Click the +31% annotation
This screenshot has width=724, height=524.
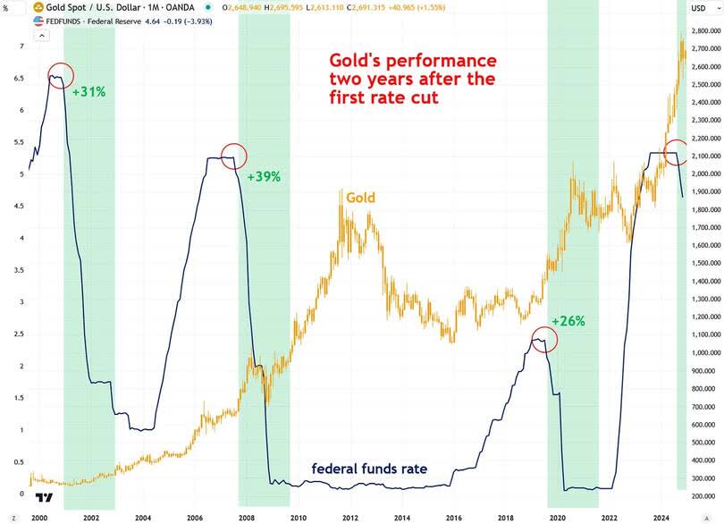click(x=89, y=92)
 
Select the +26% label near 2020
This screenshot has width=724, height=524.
click(x=568, y=321)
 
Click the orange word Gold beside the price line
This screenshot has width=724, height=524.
click(x=361, y=198)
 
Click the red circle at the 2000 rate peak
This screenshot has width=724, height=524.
click(x=60, y=76)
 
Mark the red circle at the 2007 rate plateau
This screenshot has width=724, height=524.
click(x=232, y=156)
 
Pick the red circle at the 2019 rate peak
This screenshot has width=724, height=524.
click(x=541, y=340)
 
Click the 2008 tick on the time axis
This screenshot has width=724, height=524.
click(x=246, y=517)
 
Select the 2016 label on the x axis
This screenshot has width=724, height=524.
click(x=453, y=517)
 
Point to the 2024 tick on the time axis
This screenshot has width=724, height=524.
click(x=661, y=517)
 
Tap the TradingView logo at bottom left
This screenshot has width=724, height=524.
click(x=42, y=498)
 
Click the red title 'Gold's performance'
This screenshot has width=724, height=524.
click(x=413, y=61)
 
